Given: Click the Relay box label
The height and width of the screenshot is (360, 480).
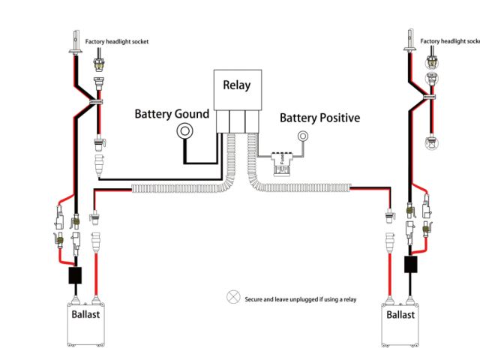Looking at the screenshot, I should pos(237,85).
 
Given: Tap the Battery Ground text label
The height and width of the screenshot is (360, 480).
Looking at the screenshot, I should pos(172,114).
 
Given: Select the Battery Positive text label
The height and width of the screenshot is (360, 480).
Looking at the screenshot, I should pos(319,118).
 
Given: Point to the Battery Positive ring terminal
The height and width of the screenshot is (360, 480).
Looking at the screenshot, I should pos(304,136).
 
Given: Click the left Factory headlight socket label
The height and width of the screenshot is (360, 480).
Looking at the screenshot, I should pos(116,41).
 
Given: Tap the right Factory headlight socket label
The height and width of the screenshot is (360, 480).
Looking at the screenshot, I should pos(449,41).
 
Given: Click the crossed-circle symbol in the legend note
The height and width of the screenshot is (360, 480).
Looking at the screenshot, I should pos(232,298).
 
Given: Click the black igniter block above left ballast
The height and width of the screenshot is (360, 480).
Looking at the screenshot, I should pos(75,275).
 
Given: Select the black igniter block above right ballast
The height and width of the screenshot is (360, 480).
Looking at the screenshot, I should pos(410,265).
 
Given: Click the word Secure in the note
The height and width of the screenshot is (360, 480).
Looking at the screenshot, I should pos(255,300).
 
